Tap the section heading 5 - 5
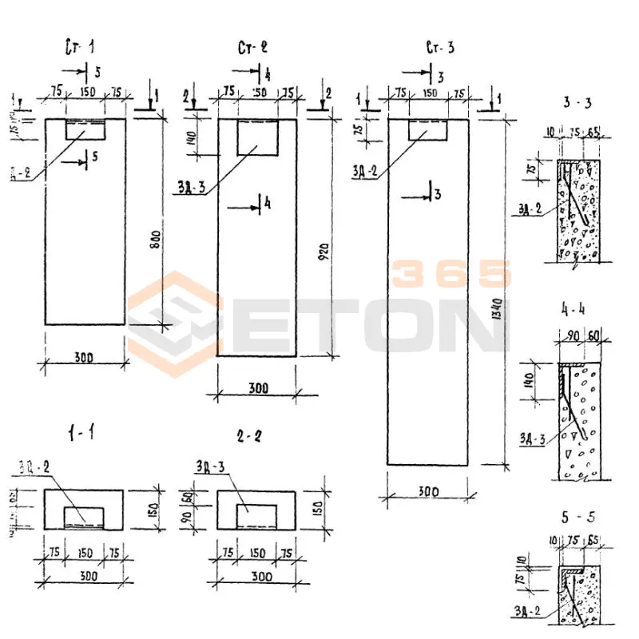click(577, 517)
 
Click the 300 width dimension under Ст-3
click(427, 493)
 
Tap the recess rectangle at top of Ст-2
click(257, 137)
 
